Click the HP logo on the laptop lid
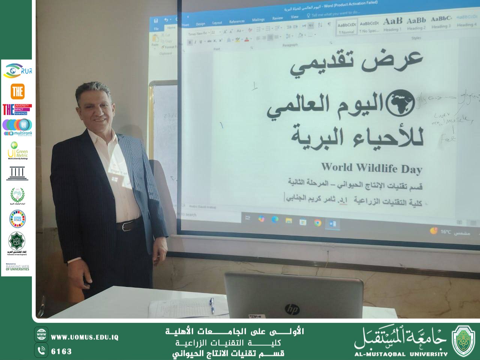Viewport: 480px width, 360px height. point(292,309)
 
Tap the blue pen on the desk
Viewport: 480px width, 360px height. point(212,305)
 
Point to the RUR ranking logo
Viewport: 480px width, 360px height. point(17,70)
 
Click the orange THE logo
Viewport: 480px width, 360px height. point(17,91)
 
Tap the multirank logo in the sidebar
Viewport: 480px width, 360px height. point(17,127)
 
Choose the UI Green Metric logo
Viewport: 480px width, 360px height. point(17,150)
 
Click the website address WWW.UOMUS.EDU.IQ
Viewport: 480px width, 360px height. point(84,337)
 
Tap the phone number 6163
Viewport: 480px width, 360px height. point(61,351)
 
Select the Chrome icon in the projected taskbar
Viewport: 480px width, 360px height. point(318,223)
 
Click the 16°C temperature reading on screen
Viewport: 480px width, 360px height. point(445,232)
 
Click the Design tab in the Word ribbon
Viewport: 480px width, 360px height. point(201,24)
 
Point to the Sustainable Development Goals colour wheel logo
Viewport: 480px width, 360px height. point(17,219)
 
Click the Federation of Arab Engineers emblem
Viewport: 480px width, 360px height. point(17,243)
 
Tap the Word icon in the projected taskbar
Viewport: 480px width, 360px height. point(333,224)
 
